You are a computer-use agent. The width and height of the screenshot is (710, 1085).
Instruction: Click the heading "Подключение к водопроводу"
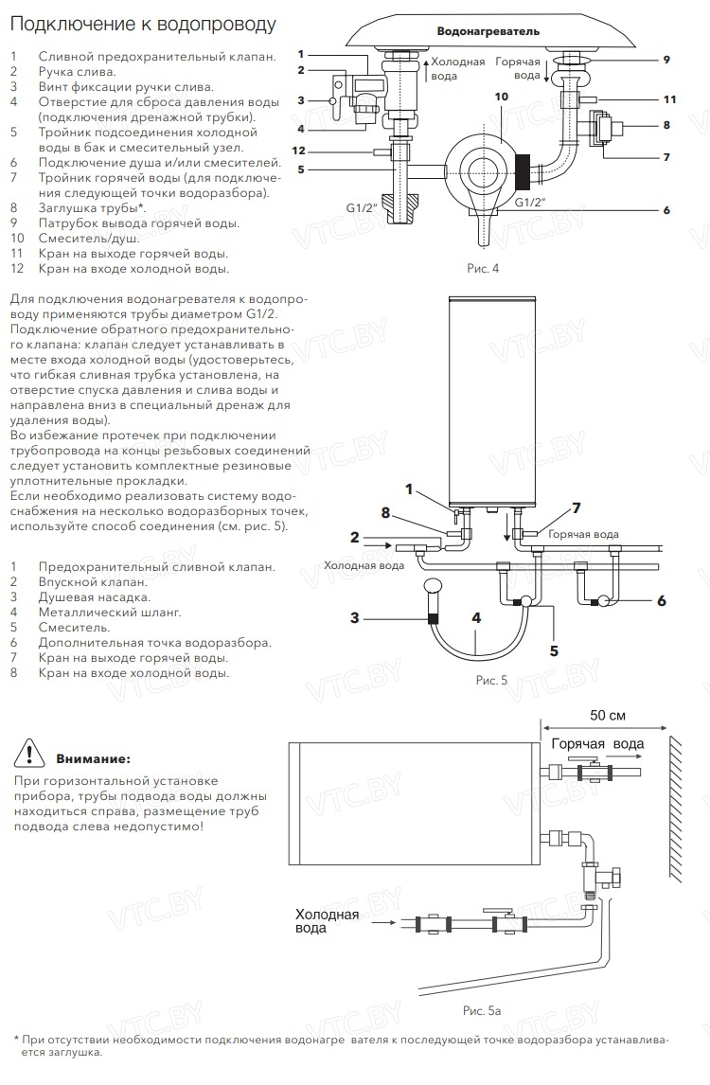tap(143, 25)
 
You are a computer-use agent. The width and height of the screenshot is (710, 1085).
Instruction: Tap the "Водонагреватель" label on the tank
tap(488, 31)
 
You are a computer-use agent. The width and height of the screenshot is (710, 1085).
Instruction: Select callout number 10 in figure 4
tap(501, 97)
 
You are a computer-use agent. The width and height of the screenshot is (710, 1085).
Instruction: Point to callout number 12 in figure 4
tap(298, 151)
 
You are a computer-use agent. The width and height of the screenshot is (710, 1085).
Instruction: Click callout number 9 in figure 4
tap(666, 60)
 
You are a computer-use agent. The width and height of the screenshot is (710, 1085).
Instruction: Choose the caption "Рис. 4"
tap(483, 269)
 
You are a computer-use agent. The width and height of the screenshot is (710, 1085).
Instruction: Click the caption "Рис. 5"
tap(491, 680)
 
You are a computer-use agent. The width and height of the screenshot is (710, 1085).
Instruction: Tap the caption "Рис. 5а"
tap(482, 1011)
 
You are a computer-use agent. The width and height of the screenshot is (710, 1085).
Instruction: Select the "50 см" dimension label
tap(607, 715)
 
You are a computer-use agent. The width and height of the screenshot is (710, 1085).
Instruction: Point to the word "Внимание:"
tap(93, 759)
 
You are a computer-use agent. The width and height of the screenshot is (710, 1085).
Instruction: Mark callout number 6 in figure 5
tap(662, 600)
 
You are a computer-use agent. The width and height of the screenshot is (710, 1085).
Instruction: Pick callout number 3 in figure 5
tap(355, 617)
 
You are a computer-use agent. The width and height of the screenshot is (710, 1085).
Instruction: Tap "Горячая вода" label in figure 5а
tap(597, 744)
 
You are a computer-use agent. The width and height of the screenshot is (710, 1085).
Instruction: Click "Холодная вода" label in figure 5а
tap(328, 921)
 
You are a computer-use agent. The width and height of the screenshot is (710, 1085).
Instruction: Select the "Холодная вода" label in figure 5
tap(364, 565)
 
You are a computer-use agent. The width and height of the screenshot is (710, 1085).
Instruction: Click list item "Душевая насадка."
tap(94, 597)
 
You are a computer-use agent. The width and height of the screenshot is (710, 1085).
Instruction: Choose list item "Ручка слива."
tap(77, 71)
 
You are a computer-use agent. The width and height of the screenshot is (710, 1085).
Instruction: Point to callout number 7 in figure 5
tap(577, 509)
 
